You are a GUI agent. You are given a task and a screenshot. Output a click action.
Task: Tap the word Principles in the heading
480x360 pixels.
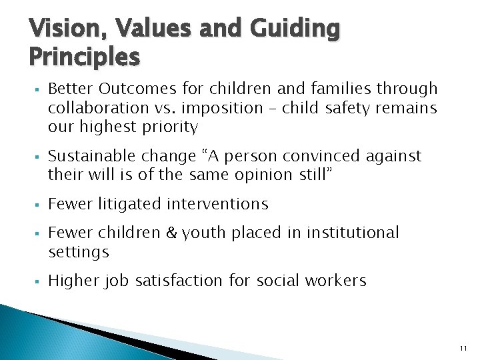(85, 57)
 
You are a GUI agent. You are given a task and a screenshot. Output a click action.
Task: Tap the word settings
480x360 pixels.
(79, 252)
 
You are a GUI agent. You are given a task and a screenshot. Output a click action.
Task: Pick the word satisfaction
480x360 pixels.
(180, 281)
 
